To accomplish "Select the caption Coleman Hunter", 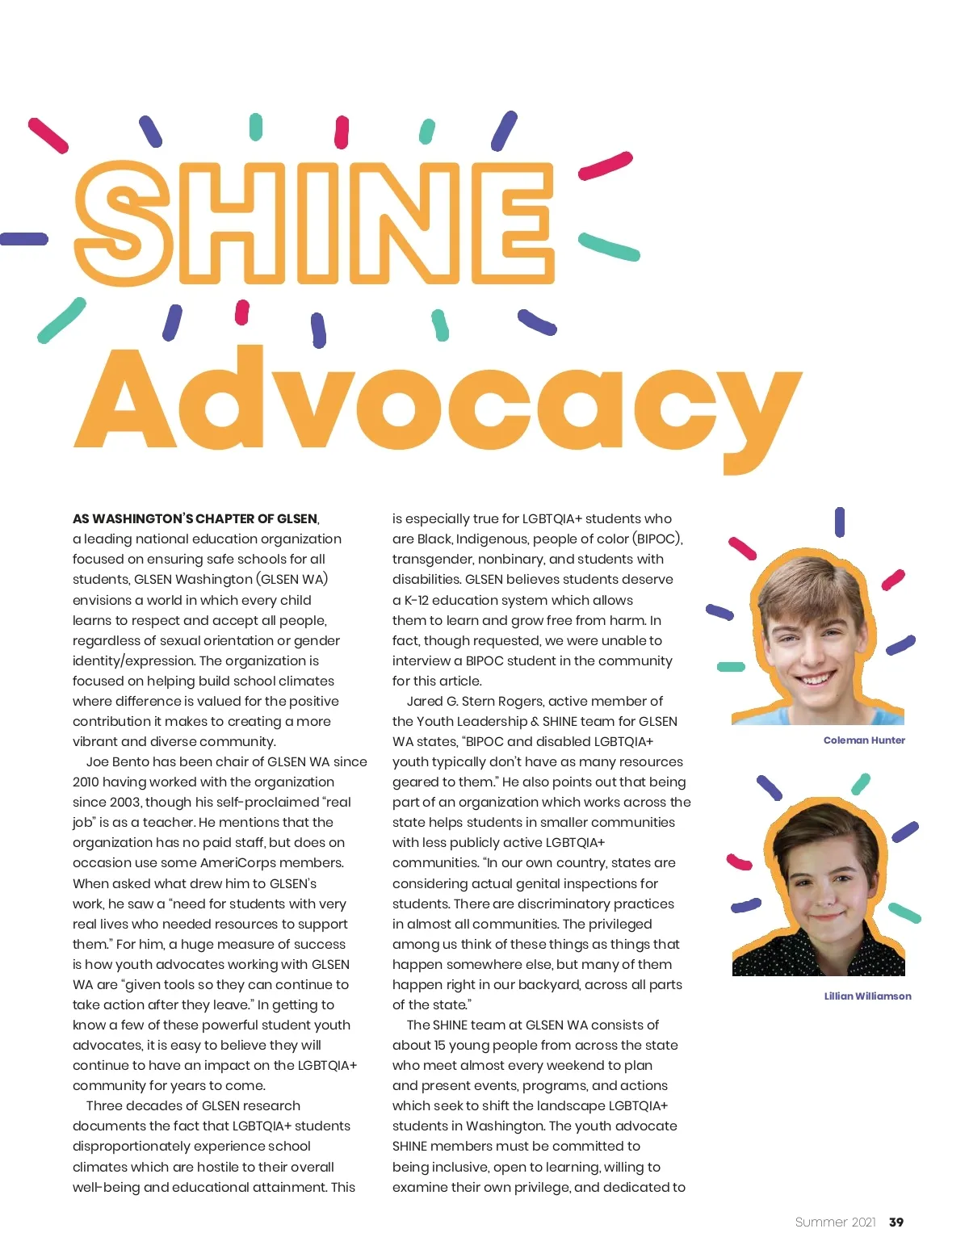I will click(x=864, y=740).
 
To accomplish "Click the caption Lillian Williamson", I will click(x=867, y=996).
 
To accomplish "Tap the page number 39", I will click(x=896, y=1222).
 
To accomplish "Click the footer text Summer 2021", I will click(x=835, y=1222).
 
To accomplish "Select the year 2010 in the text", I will click(x=86, y=782).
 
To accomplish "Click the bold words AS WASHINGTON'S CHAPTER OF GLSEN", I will click(x=195, y=518).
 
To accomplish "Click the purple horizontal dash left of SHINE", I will click(x=23, y=239).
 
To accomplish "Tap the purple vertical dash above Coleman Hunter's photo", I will click(x=840, y=522).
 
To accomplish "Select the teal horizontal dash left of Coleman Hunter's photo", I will click(x=731, y=667).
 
